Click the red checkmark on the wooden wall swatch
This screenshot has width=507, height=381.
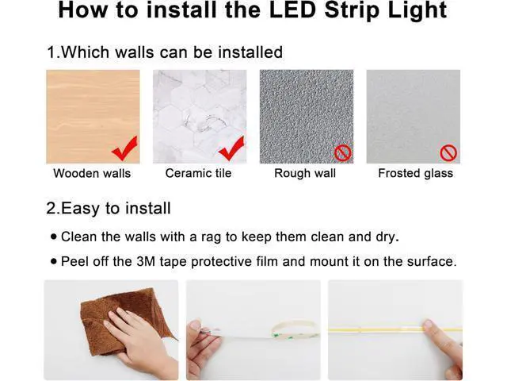(x=125, y=149)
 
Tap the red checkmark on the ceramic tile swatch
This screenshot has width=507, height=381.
(x=232, y=148)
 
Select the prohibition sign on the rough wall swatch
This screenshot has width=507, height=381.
(x=343, y=153)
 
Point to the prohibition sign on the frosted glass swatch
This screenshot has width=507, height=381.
(x=448, y=153)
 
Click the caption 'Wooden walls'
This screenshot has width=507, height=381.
(x=92, y=173)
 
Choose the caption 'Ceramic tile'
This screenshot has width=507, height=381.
(x=198, y=173)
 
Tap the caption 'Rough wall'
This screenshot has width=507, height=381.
(x=305, y=173)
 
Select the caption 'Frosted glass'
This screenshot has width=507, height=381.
(x=415, y=173)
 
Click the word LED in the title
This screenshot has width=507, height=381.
(x=292, y=10)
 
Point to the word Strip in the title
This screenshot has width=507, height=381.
(x=352, y=10)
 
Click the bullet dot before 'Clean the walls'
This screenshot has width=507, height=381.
(x=54, y=237)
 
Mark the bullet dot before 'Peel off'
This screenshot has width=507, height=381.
(x=54, y=261)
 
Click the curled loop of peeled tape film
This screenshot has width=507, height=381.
(x=294, y=329)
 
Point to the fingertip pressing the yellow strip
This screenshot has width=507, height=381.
(x=428, y=325)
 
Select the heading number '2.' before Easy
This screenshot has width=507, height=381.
(x=53, y=208)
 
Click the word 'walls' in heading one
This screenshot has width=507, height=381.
(x=134, y=52)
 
